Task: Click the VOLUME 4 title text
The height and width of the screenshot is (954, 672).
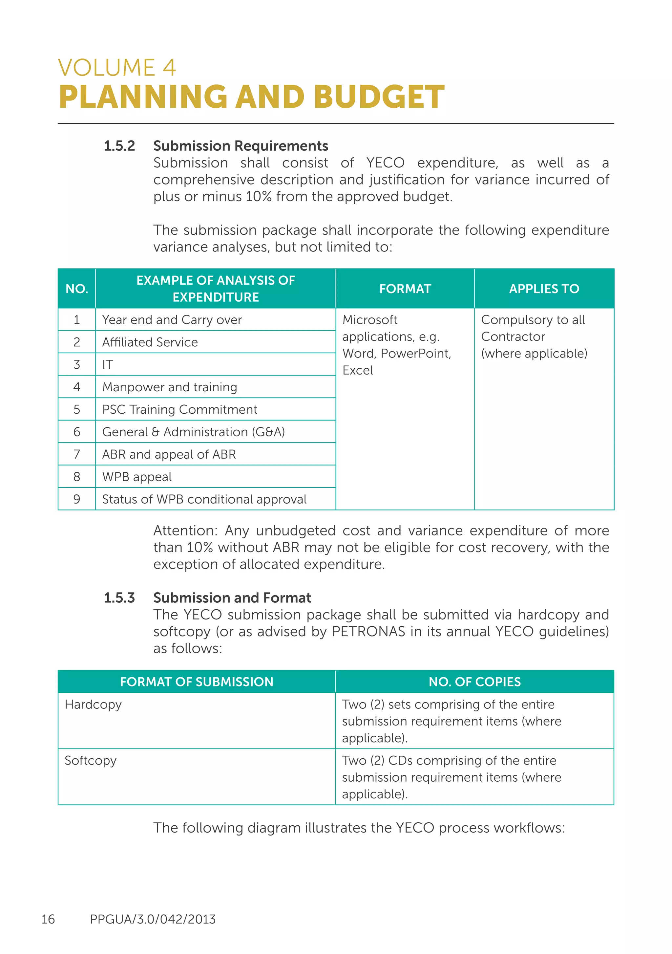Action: (x=117, y=68)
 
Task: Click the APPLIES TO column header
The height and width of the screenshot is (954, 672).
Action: (x=544, y=289)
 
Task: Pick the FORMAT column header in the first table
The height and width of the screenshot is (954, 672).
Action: (x=405, y=289)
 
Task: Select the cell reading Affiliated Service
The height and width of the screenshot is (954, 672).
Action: (x=150, y=342)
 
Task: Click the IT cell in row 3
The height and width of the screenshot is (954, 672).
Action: (x=108, y=364)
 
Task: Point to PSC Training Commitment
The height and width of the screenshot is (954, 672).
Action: (x=179, y=409)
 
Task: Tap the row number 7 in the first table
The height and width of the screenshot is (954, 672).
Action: (x=77, y=454)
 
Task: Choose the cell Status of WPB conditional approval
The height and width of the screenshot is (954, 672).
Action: (x=204, y=499)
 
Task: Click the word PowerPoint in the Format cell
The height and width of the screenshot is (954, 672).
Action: (x=415, y=353)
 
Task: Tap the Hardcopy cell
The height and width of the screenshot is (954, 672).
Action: (x=93, y=705)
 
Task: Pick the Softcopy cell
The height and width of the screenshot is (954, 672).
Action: (x=91, y=761)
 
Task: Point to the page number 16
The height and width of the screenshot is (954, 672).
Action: (x=48, y=919)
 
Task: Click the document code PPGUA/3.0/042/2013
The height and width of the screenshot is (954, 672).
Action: (x=153, y=919)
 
